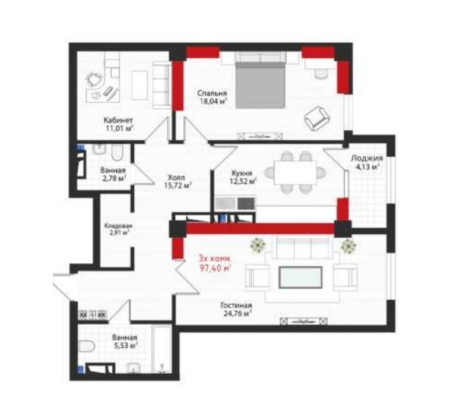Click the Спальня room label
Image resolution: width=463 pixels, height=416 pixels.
point(212,93)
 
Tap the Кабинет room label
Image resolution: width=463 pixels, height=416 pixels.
point(118,120)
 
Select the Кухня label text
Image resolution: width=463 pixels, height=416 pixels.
point(242,173)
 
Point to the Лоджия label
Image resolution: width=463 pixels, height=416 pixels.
point(367,158)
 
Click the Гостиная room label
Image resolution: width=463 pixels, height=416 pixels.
point(236,305)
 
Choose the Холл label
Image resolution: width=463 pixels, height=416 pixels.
point(176,178)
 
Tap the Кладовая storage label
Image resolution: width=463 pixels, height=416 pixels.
point(118,226)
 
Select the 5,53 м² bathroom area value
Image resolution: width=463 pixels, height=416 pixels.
point(125,345)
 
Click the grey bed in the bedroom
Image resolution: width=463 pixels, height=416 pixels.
point(260,85)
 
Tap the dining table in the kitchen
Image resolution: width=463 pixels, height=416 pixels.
point(295,172)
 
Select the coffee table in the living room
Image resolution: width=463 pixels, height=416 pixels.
point(300,277)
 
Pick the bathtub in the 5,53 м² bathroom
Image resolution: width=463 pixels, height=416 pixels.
point(161,349)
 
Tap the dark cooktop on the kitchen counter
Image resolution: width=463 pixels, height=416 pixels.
point(246,203)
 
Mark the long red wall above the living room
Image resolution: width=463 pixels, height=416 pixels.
point(260,229)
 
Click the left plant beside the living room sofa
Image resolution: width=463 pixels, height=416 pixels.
point(258,245)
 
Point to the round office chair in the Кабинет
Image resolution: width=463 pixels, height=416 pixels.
point(94,79)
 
